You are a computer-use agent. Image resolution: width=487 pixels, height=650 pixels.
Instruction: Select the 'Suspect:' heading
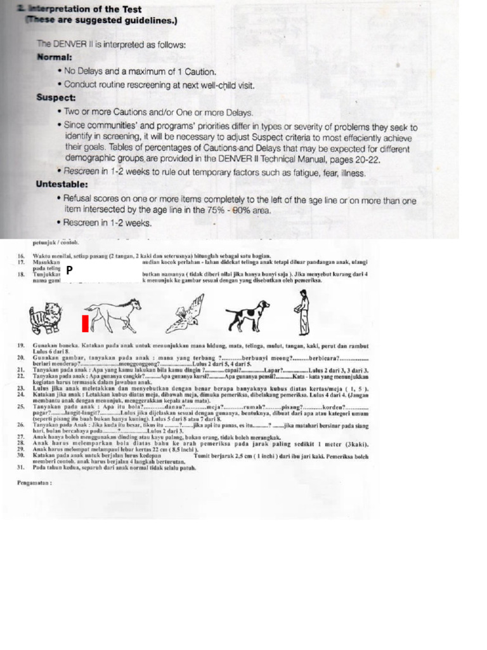[56, 98]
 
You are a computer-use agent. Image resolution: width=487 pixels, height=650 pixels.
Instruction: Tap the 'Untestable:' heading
[62, 185]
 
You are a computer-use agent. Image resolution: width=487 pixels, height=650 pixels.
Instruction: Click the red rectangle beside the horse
[84, 323]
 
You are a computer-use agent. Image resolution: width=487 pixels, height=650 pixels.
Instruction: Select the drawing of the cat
[44, 315]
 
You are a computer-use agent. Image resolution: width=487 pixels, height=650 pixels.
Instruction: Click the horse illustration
[114, 314]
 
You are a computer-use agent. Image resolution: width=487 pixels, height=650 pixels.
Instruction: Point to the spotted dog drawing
[247, 314]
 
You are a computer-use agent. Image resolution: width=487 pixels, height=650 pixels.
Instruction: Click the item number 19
[20, 345]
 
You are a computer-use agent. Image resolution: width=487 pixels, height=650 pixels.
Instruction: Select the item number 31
[20, 468]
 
